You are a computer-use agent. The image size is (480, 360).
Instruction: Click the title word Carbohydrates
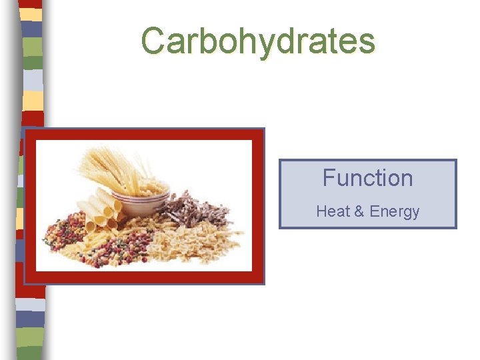click(x=258, y=41)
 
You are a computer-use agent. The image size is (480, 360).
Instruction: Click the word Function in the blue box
click(x=367, y=178)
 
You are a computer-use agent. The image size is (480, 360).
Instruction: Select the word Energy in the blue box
click(x=395, y=213)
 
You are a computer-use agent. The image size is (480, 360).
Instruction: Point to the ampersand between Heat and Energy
click(x=359, y=212)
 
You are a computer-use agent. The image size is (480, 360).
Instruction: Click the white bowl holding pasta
click(x=141, y=200)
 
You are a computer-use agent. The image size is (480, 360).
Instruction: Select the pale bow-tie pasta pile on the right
click(x=207, y=243)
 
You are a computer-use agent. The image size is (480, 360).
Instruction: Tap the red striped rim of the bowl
click(x=141, y=194)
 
